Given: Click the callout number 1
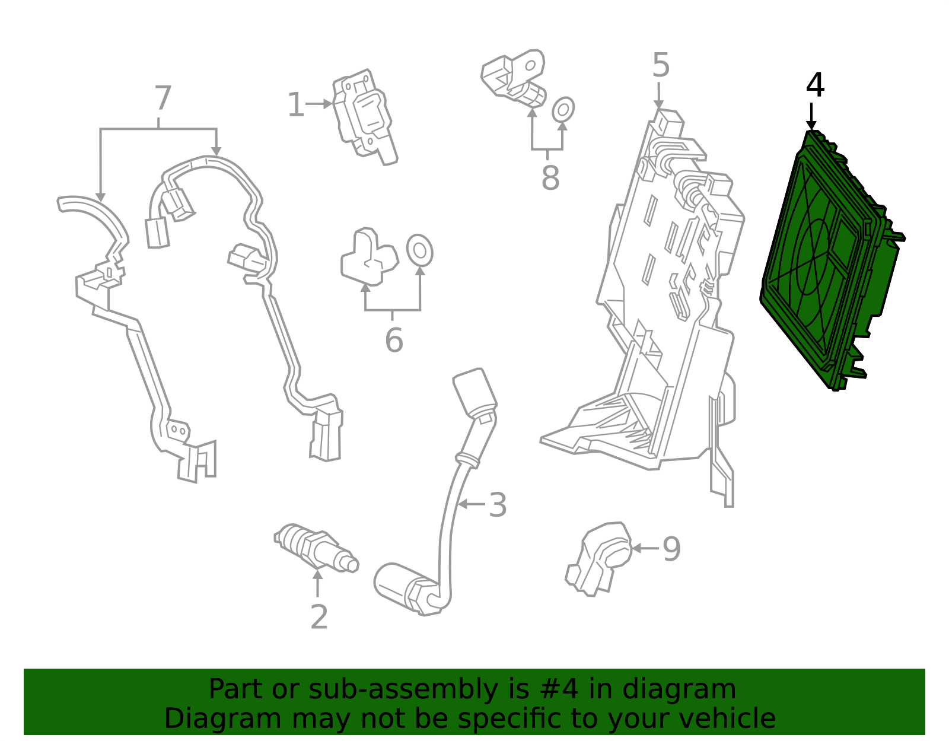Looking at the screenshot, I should click(295, 105).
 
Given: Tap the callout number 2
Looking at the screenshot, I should click(319, 618).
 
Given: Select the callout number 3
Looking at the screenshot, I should click(498, 505).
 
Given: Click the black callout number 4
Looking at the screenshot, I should click(815, 85).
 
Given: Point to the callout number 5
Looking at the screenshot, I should click(661, 65).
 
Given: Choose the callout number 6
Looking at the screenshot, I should click(394, 341).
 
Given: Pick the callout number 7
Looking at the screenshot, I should click(163, 98).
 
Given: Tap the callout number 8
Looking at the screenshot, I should click(550, 177).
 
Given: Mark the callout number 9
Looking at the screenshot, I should click(671, 549).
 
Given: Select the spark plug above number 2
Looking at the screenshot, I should click(316, 548).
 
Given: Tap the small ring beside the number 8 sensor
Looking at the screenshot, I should click(563, 110).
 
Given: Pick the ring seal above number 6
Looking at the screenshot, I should click(419, 250).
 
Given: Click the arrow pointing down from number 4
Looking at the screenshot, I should click(811, 116).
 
